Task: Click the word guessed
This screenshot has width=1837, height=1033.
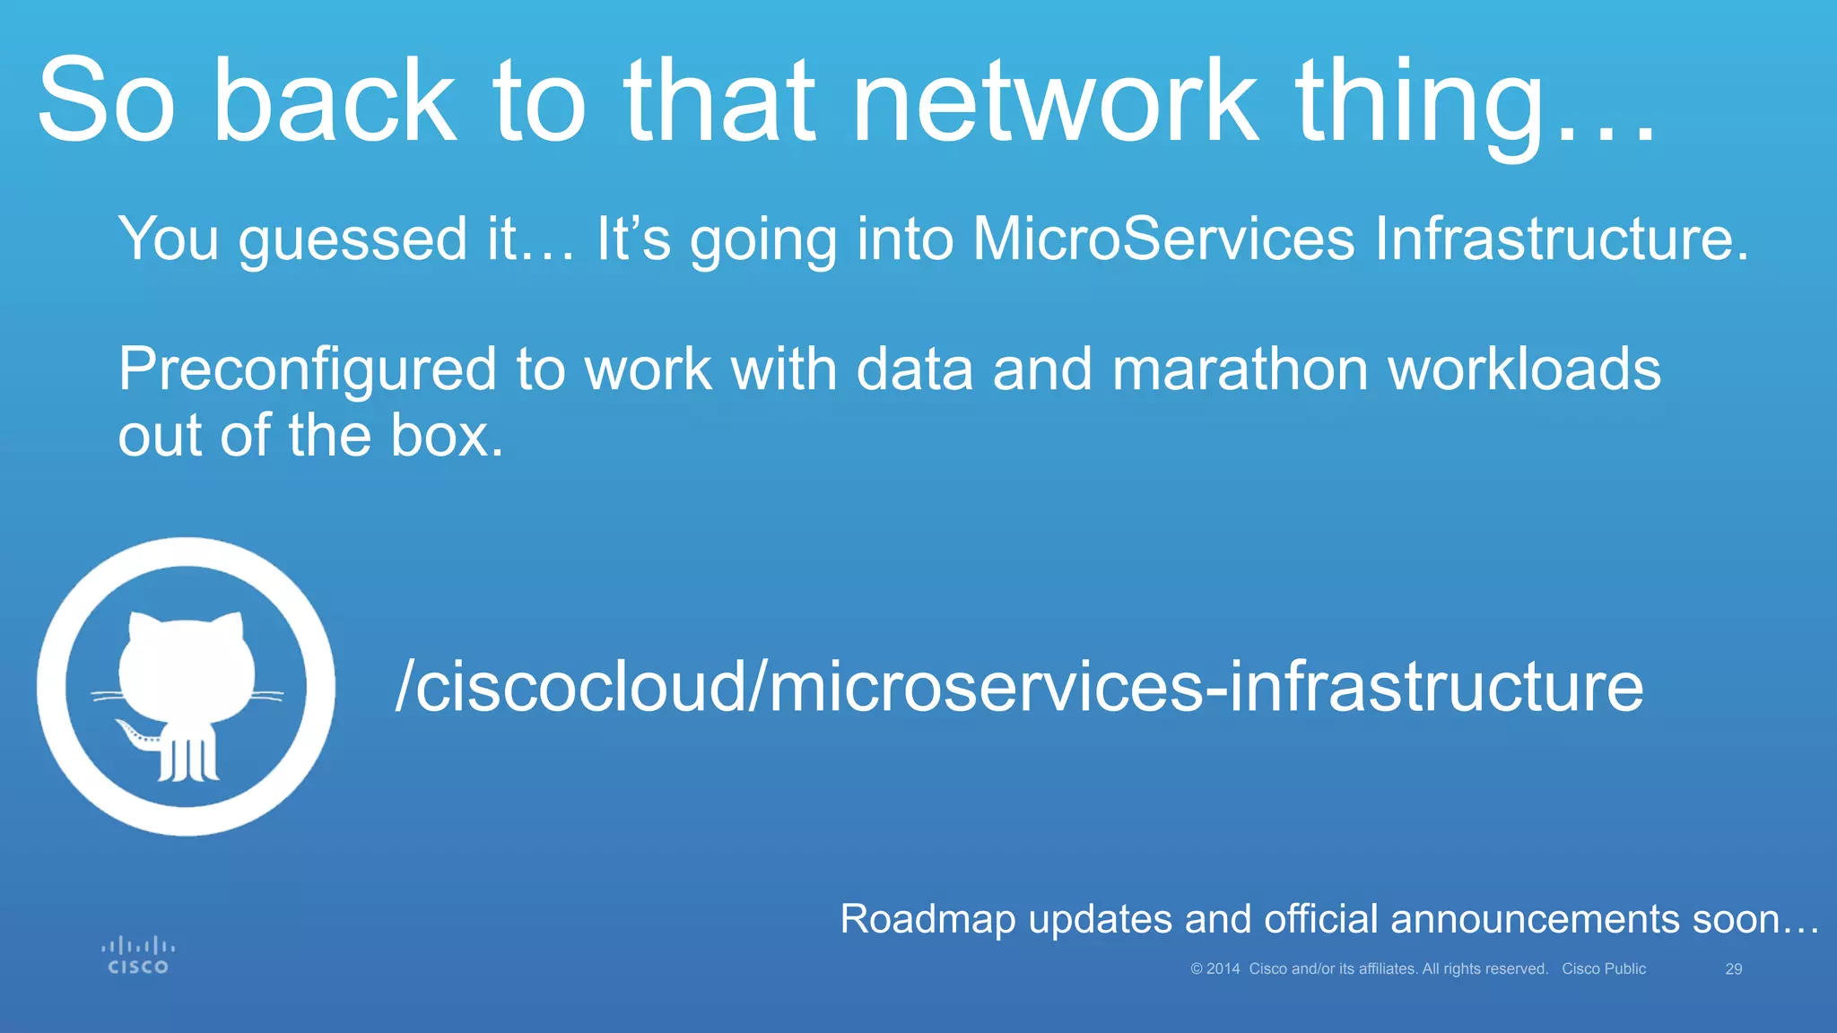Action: coord(353,240)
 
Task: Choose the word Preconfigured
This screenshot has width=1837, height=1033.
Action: coord(308,370)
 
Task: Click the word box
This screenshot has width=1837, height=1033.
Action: coord(447,436)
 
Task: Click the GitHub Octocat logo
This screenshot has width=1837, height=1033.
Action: coord(186,687)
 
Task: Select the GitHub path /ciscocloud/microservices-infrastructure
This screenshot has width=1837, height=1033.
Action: coord(1019,687)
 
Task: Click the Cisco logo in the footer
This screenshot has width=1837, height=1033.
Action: coord(138,956)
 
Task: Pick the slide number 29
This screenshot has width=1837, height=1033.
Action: coord(1734,969)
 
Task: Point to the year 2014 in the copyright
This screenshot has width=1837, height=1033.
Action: coord(1223,969)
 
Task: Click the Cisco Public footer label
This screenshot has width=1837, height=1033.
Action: coord(1604,969)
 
